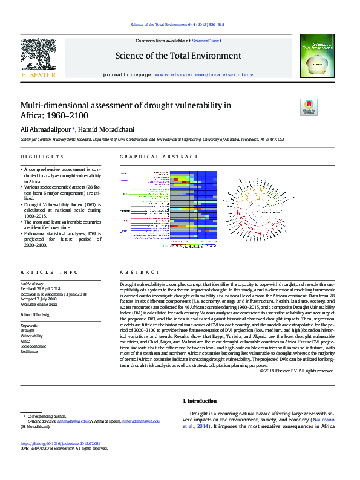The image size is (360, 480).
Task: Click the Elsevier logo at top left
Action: tap(38, 59)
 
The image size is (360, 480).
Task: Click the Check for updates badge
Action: tap(309, 107)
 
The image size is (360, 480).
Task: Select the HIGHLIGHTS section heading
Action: tap(38, 157)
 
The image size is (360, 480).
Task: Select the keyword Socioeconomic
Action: tap(33, 346)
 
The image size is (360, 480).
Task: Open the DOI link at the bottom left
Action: tap(61, 443)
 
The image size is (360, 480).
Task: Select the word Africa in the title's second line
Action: tap(33, 115)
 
